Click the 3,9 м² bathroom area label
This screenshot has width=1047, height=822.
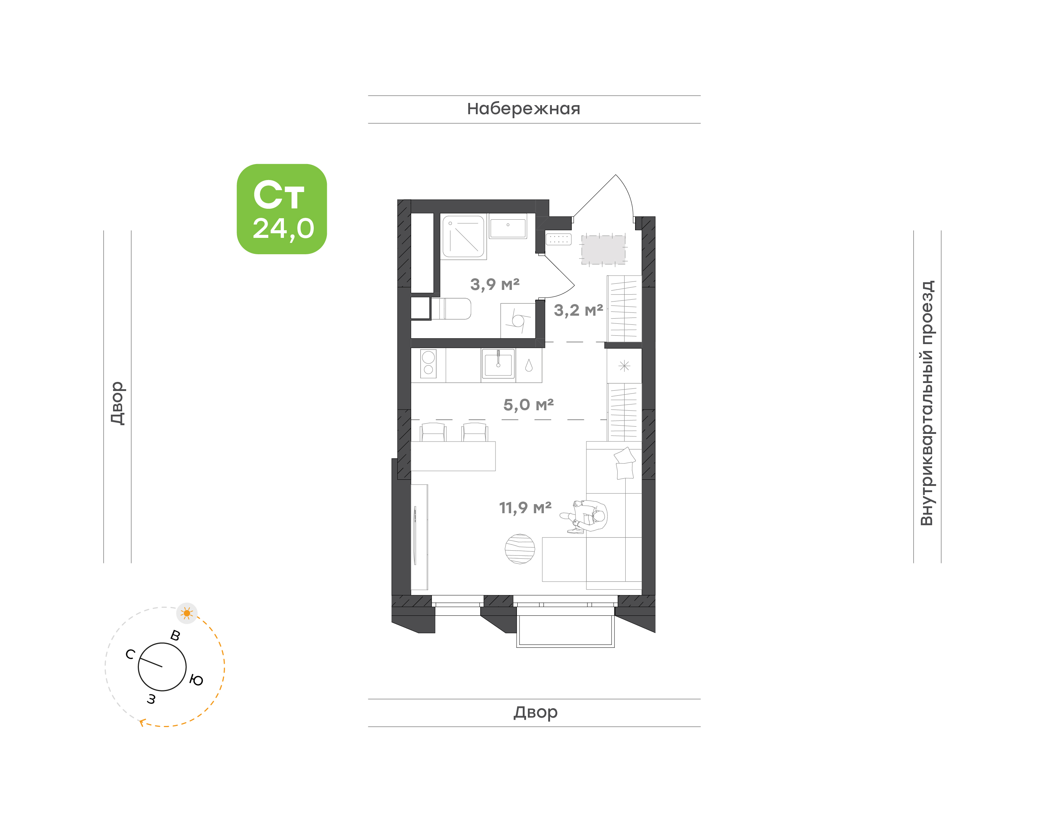[494, 284]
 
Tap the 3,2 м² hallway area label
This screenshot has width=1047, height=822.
[578, 310]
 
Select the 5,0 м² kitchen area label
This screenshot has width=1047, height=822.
[528, 405]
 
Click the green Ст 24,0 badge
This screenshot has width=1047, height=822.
[281, 209]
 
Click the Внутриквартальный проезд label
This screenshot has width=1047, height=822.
[926, 403]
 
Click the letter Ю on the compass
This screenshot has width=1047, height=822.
[196, 680]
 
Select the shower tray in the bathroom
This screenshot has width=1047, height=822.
[463, 236]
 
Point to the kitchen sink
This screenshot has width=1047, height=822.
[498, 363]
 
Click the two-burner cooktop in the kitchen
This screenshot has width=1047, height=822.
[428, 363]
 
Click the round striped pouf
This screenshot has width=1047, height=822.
[520, 548]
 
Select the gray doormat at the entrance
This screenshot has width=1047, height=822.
[603, 249]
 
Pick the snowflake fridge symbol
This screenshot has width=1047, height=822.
[624, 366]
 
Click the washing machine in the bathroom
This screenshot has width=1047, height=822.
[518, 320]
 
